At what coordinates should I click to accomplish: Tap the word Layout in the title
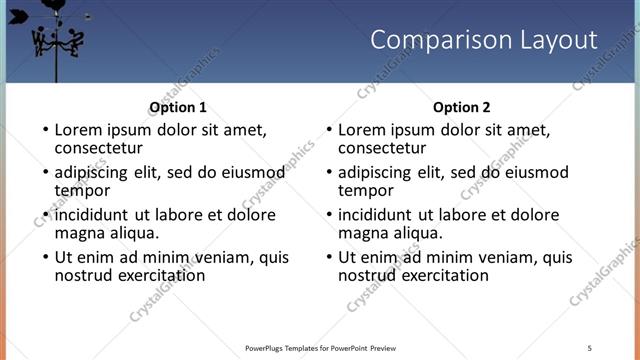coord(553,40)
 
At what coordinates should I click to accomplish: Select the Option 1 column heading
coord(178,107)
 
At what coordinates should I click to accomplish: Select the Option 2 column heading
coord(462,107)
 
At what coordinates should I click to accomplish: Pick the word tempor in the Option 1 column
coord(82,190)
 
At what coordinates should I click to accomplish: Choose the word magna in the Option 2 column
coord(364,233)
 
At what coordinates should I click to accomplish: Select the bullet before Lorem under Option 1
coord(44,130)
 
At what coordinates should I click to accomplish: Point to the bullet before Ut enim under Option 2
coord(328,258)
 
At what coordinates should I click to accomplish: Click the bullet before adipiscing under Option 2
coord(328,173)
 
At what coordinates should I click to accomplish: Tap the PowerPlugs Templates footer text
coord(320,348)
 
